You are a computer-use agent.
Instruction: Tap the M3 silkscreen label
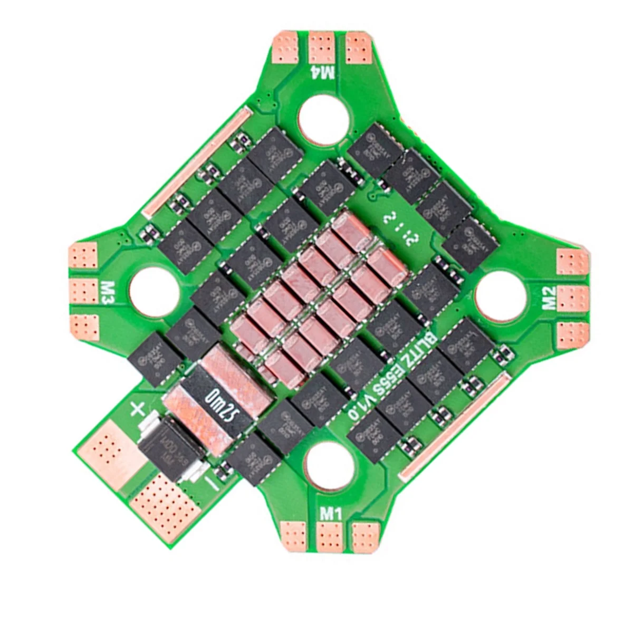(108, 293)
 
